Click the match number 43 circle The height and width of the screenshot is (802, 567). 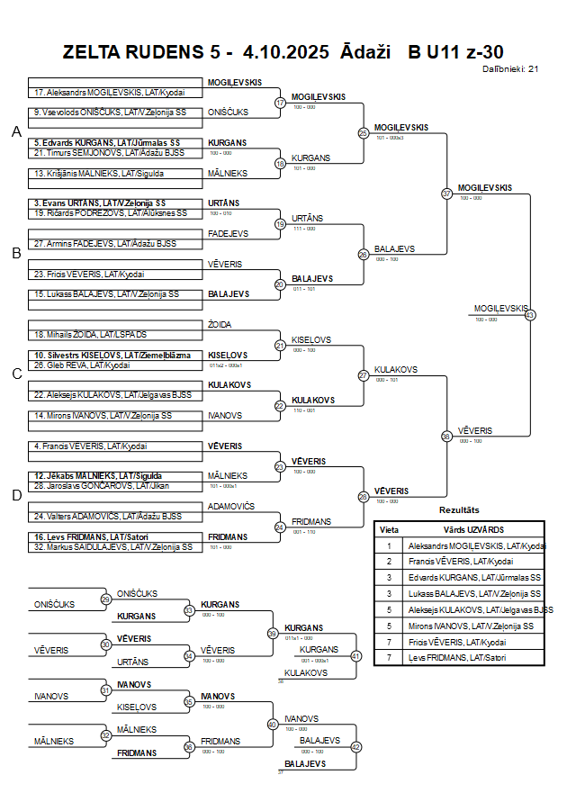tap(530, 315)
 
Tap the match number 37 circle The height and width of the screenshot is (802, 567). tap(446, 194)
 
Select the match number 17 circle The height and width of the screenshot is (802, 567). tap(280, 103)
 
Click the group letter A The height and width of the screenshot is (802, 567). tap(16, 132)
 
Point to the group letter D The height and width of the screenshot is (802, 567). tap(16, 494)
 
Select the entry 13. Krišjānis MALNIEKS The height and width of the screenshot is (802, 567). tap(98, 173)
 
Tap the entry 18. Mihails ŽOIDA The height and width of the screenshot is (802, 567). tap(90, 334)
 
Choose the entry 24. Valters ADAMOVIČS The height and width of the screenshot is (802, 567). tap(107, 517)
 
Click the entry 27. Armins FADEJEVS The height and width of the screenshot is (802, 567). tap(104, 243)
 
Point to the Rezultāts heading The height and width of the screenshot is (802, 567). tap(459, 510)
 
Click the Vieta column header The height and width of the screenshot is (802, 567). tap(389, 529)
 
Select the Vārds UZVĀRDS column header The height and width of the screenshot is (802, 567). tap(474, 529)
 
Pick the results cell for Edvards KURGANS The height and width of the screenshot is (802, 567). tap(474, 577)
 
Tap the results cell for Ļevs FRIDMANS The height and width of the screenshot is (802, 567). tap(474, 658)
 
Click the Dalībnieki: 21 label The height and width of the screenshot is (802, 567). tap(510, 68)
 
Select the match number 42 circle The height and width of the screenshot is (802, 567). tap(355, 747)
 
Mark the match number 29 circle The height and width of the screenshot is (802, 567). tap(106, 599)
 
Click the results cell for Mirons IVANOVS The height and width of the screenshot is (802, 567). tap(474, 626)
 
